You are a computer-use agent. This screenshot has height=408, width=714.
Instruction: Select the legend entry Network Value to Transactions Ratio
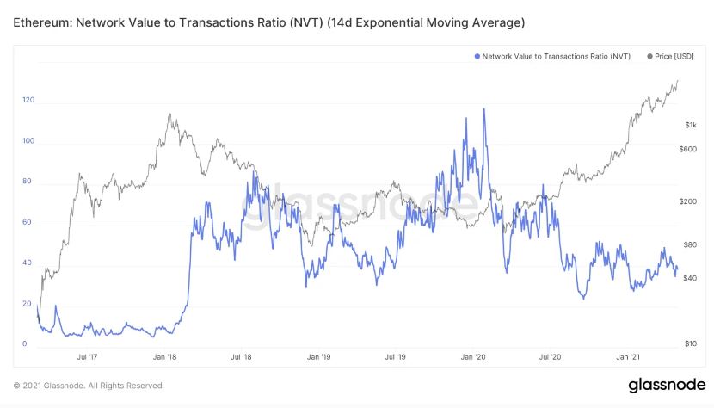point(555,56)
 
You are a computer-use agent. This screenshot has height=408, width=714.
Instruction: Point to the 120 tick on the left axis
point(28,101)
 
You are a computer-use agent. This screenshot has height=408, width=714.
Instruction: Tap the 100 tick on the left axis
point(28,141)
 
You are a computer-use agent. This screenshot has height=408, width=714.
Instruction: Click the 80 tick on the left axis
point(28,182)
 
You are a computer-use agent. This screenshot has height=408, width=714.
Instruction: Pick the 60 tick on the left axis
point(28,222)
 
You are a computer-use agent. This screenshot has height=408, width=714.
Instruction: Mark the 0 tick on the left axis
point(25,344)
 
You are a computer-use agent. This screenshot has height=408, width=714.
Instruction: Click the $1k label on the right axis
point(690,125)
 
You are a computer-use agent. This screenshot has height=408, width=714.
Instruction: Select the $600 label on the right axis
point(688,150)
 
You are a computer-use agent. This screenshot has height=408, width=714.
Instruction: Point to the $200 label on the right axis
point(688,201)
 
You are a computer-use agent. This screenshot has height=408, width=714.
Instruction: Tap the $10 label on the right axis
point(690,344)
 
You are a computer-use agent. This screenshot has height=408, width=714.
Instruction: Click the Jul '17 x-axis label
point(87,356)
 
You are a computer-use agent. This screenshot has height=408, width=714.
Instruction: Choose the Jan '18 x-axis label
point(164,356)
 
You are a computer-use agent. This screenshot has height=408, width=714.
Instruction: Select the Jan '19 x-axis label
point(318,356)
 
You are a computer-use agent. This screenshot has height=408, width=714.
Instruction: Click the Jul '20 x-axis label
point(551,356)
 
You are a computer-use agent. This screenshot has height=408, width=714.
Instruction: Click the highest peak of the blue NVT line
point(484,109)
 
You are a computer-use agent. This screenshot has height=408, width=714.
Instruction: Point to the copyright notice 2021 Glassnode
point(89,386)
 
